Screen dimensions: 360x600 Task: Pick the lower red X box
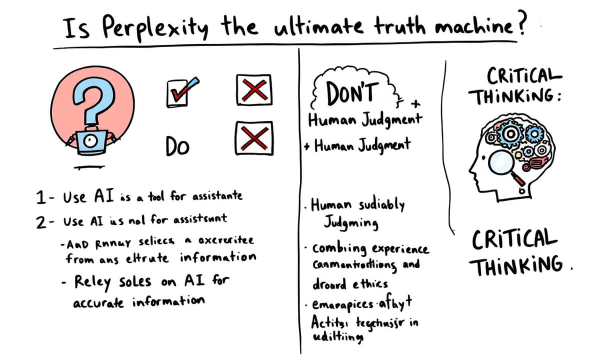click(x=253, y=136)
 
